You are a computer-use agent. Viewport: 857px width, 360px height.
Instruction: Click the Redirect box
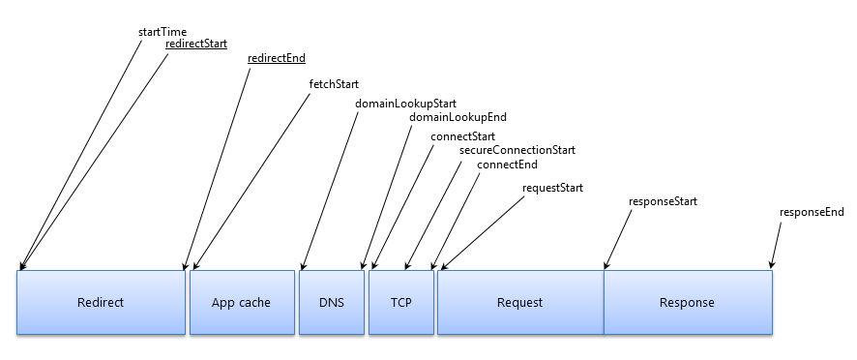101,302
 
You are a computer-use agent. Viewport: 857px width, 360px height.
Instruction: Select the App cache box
241,302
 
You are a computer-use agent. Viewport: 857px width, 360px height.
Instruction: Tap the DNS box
331,302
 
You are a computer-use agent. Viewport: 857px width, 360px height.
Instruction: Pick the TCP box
400,302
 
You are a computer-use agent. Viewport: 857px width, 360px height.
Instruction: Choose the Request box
519,302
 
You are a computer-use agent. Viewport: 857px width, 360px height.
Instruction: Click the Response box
687,302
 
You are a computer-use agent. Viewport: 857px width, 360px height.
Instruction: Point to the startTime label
163,32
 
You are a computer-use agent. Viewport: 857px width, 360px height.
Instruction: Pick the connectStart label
460,136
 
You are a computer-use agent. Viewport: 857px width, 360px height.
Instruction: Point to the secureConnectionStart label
517,150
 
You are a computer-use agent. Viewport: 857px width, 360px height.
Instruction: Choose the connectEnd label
507,165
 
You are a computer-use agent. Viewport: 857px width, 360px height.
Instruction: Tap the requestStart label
552,187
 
